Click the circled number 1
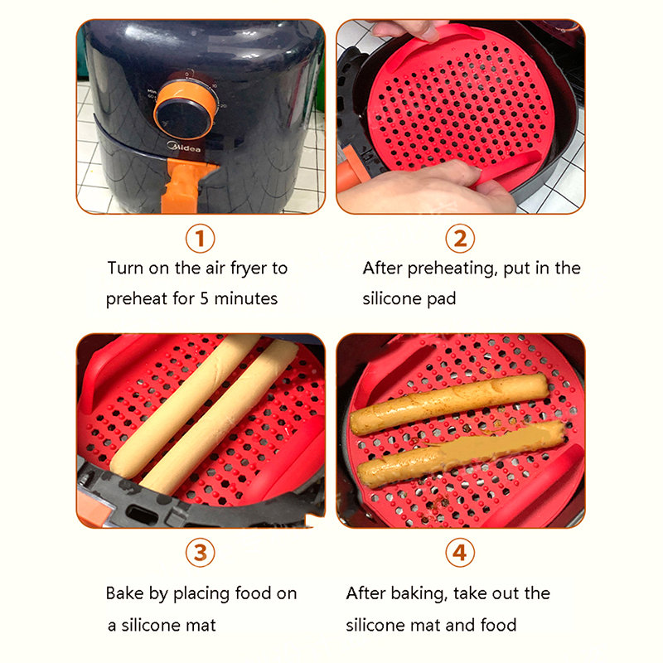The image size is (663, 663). click(x=200, y=239)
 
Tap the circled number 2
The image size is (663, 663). click(x=460, y=239)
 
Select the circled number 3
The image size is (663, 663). click(x=200, y=553)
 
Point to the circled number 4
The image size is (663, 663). click(x=460, y=553)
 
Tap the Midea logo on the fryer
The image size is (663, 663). click(x=184, y=147)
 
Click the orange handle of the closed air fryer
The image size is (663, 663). click(x=182, y=186)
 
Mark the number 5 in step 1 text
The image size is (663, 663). click(x=204, y=298)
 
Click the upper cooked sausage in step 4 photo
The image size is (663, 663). click(x=449, y=404)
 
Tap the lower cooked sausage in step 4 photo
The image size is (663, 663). click(x=461, y=452)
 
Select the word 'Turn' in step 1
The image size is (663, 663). click(x=125, y=268)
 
